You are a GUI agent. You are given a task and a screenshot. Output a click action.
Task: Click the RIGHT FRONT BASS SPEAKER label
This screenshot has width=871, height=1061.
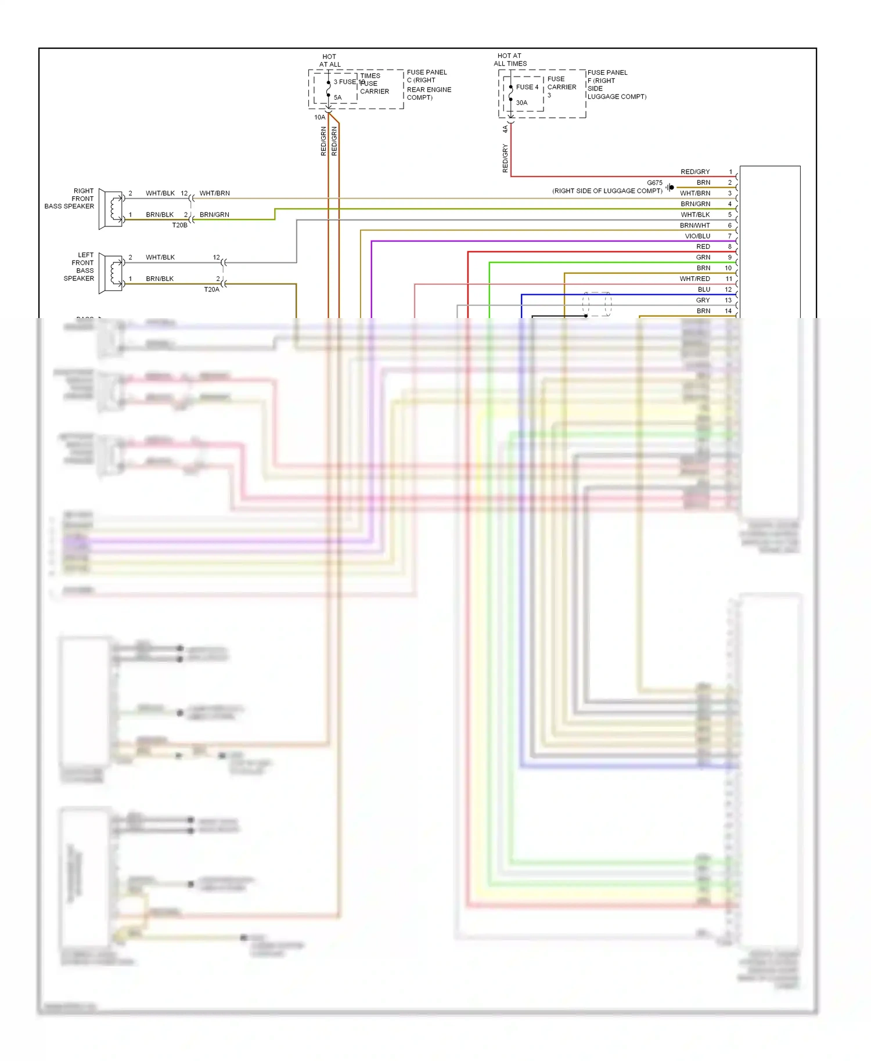70,199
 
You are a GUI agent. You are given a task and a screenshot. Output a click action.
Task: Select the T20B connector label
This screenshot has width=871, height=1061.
179,225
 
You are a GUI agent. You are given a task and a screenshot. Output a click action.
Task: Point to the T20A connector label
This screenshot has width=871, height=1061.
211,289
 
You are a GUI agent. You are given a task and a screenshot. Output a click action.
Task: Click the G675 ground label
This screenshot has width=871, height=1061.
654,183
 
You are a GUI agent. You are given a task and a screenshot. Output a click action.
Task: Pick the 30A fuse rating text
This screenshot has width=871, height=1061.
521,103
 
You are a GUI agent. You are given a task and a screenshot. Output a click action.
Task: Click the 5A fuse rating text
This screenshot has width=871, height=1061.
337,98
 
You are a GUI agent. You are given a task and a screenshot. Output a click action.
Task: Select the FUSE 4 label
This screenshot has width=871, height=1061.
527,87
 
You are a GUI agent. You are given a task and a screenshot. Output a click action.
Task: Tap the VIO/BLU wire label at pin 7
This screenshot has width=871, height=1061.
697,236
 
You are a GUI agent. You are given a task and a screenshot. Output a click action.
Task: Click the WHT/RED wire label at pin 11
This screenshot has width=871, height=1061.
694,279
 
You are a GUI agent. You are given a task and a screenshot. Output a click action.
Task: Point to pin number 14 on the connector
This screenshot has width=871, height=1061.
728,311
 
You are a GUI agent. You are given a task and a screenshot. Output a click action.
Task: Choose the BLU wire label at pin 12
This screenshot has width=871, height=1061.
704,290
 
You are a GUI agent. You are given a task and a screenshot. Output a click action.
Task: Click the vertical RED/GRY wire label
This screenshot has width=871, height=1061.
505,158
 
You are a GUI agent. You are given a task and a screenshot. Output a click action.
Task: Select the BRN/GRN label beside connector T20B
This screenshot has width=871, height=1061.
214,215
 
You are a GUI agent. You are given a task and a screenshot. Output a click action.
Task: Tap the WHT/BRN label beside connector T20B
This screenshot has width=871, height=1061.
214,193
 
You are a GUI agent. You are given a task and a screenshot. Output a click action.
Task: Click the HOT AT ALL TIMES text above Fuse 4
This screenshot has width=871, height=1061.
510,60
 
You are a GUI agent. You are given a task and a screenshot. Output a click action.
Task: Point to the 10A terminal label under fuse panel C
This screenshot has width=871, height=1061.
319,117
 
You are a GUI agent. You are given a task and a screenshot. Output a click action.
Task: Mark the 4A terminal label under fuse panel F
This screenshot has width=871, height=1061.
505,129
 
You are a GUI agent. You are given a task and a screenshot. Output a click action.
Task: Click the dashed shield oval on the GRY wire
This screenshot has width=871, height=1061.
597,304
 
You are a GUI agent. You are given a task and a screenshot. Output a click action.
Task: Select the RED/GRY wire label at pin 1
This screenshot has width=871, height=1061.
695,172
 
